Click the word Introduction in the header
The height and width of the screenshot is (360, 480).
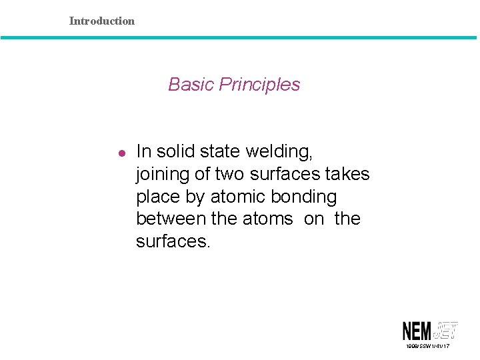point(101,21)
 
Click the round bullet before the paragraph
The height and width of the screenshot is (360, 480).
point(121,153)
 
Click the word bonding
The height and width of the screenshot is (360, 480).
point(306,197)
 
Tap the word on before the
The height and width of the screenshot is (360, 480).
point(313,219)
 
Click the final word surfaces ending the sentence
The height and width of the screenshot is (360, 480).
point(173,241)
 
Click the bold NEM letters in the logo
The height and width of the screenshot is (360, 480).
point(417,331)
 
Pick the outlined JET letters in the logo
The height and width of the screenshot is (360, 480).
point(446,330)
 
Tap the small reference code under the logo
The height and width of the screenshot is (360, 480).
point(427,347)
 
